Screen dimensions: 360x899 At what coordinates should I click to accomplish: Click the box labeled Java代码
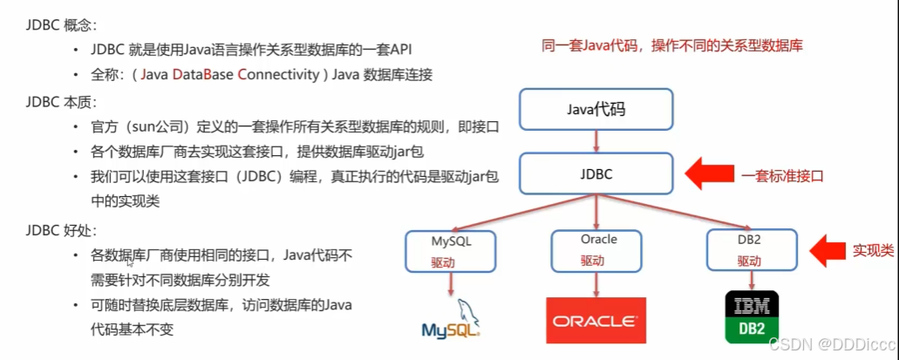tap(596, 108)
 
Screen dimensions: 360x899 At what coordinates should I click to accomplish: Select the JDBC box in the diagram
tap(596, 174)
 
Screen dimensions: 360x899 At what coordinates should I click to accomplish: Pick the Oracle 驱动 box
tap(597, 250)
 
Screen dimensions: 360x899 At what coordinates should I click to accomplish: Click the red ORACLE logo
tap(596, 321)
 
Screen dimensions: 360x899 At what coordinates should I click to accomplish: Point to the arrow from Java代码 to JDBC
tap(596, 139)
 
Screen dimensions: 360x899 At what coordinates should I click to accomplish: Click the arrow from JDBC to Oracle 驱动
tap(596, 213)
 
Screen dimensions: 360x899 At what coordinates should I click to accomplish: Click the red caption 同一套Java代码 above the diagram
tap(666, 46)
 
